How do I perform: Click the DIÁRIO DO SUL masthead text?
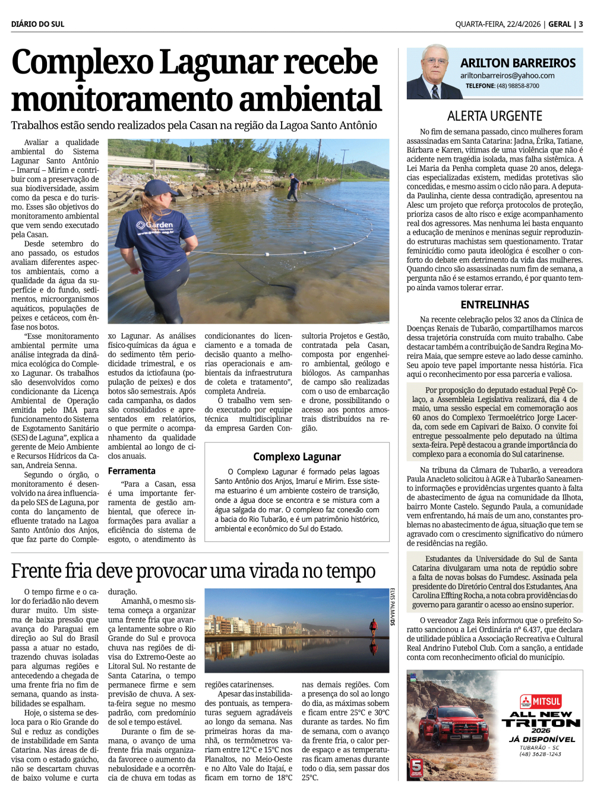click(x=37, y=24)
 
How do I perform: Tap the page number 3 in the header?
click(x=580, y=24)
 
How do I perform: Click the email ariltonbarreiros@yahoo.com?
click(x=507, y=76)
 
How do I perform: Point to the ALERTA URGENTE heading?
click(x=494, y=116)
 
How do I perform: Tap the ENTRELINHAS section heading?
click(x=494, y=305)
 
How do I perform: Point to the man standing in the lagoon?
click(x=293, y=186)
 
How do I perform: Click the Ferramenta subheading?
click(x=131, y=471)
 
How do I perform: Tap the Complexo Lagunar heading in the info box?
click(x=296, y=457)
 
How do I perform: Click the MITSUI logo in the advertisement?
click(x=541, y=701)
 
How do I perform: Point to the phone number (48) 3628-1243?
click(x=540, y=754)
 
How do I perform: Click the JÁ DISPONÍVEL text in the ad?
click(x=542, y=739)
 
